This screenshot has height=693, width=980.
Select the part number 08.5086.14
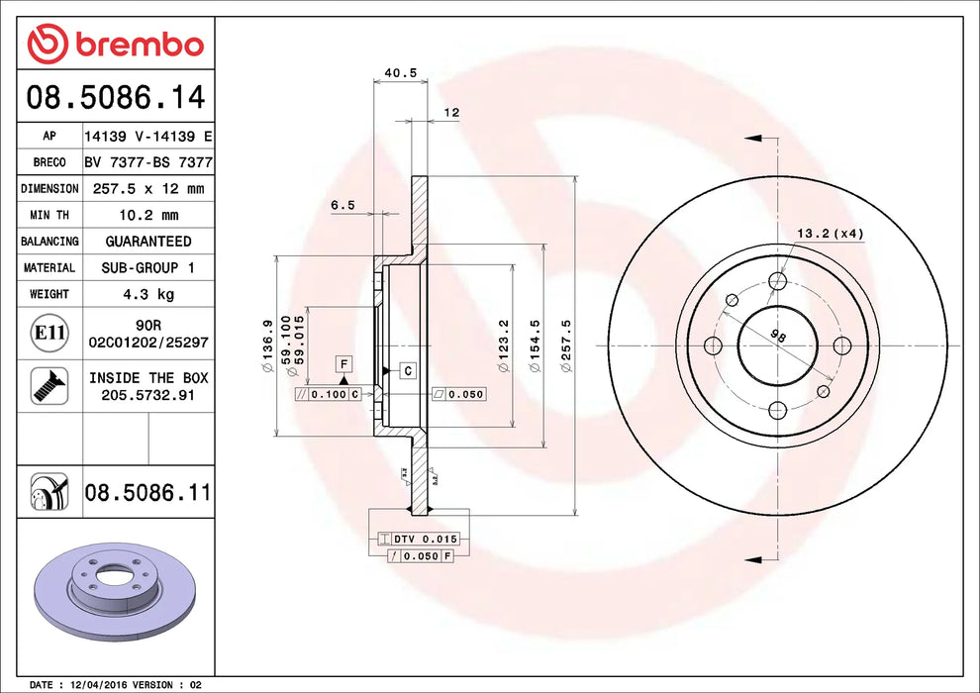click(116, 98)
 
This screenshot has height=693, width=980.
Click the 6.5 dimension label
click(342, 205)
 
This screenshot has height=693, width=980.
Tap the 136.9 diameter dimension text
click(267, 346)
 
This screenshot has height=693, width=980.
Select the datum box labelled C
click(407, 370)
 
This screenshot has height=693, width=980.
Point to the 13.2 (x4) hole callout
click(831, 234)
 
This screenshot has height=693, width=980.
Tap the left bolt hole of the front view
click(713, 346)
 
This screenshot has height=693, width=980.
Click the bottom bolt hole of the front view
click(777, 409)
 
